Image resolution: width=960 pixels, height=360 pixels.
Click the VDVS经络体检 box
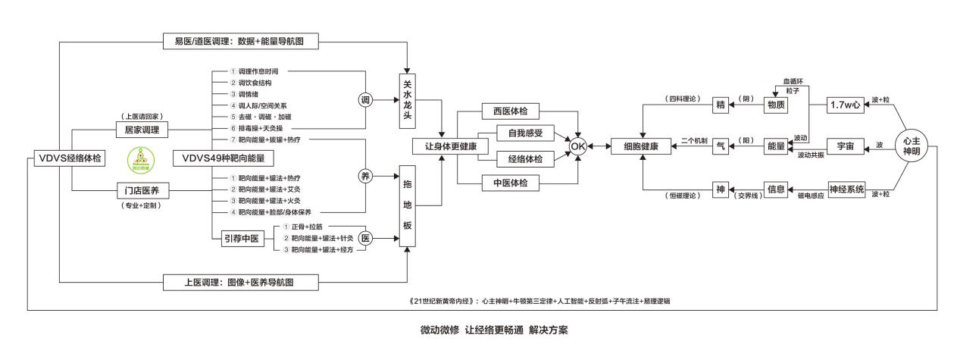69,158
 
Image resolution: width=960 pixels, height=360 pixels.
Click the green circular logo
141,158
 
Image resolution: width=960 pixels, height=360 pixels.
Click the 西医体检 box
514,112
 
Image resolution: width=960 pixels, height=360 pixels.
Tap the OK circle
578,145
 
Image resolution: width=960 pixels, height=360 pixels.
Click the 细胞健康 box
643,146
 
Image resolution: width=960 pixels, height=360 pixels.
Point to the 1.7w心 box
846,105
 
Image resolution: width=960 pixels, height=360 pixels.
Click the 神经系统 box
846,189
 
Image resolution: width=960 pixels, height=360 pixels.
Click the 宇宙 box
846,146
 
